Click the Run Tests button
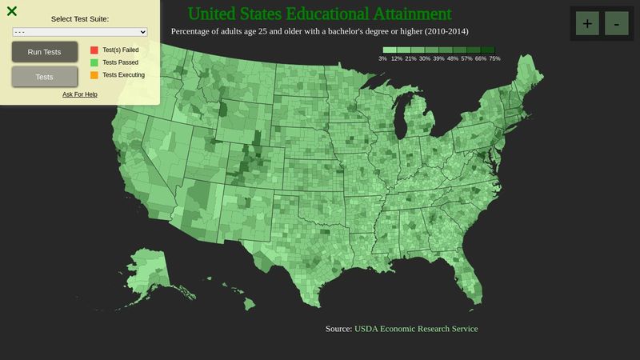point(45,52)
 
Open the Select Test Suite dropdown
point(80,32)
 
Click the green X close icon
point(12,11)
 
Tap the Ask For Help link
point(80,94)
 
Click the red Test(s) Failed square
point(94,50)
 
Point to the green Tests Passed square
point(94,62)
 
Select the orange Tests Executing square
point(94,75)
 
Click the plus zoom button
point(587,23)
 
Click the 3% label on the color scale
point(383,59)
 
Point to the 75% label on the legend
point(494,59)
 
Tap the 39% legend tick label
point(438,59)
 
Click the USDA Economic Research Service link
point(416,329)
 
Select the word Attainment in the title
point(412,14)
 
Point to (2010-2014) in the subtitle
point(442,31)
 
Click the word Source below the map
point(338,329)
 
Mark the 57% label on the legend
point(466,59)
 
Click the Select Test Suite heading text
point(80,18)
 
